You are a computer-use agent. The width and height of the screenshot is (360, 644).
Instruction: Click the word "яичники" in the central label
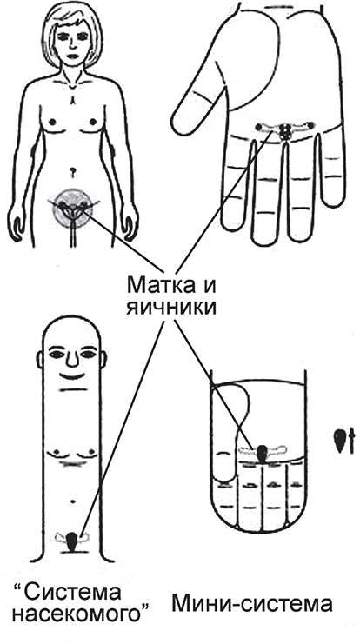tap(171, 307)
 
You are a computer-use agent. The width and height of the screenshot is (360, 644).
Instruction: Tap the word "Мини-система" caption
tap(252, 604)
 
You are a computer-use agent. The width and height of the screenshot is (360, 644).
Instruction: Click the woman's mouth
tap(72, 56)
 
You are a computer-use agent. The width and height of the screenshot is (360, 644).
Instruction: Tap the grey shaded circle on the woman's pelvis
tap(73, 208)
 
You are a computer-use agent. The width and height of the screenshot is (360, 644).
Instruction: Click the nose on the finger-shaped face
tap(72, 360)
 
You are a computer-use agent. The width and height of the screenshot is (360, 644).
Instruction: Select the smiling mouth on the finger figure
tap(73, 375)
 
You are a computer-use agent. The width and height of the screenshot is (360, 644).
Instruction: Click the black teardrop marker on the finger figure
tap(71, 542)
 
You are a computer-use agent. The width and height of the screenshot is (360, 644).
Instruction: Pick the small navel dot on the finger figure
tap(73, 501)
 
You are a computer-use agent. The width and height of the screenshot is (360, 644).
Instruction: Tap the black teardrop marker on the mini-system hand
tap(262, 454)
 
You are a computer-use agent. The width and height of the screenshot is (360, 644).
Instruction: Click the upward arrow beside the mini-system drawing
tap(351, 442)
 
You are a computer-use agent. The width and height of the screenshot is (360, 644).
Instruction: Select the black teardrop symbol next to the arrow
tap(339, 442)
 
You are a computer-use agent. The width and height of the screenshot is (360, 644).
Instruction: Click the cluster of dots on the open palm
tap(284, 131)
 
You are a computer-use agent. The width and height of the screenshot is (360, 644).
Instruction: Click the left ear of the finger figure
tap(40, 359)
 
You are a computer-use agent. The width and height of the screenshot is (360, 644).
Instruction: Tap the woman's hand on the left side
tap(15, 224)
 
